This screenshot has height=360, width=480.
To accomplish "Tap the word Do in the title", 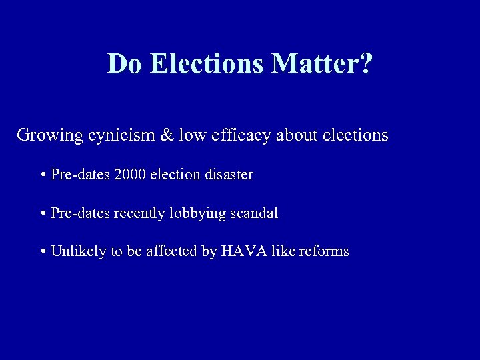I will tap(126, 64).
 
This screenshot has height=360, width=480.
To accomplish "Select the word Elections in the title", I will tap(208, 64).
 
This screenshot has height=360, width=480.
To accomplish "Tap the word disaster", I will tap(229, 175).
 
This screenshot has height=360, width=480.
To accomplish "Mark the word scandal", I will tap(254, 213).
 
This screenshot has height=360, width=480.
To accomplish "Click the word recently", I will tap(140, 213).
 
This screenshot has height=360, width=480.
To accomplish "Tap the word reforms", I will tap(324, 251).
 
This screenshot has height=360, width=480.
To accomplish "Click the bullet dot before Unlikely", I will tap(43, 252).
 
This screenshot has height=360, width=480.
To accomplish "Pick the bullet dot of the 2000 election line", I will tap(43, 175).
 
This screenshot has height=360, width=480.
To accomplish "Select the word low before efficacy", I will tap(193, 135).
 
